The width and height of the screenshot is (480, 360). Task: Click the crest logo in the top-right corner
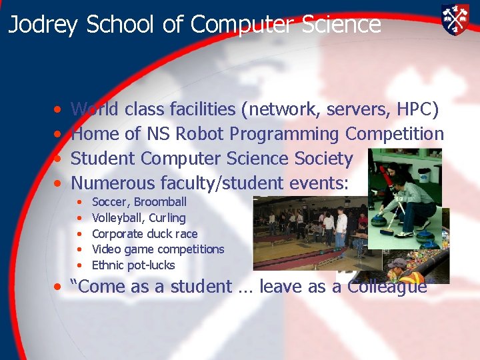coord(455,19)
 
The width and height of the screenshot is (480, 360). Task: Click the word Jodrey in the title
coord(43,25)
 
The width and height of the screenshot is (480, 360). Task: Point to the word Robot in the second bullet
coord(199,133)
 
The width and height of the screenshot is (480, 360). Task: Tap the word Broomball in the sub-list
coord(160,202)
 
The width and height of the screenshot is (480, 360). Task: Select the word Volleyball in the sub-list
coord(118,218)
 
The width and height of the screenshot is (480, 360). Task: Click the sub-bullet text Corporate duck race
coord(145,233)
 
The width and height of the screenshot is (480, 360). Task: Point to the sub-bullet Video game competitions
coord(158,249)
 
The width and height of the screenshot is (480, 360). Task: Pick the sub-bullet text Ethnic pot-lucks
coord(133,265)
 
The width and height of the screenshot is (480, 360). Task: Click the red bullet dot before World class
coord(59,109)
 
